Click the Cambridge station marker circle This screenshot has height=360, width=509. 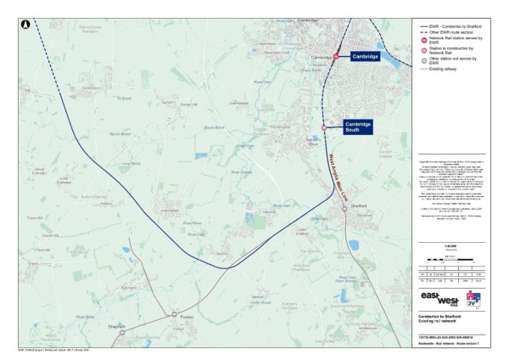336,56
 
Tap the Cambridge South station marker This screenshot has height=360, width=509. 324,127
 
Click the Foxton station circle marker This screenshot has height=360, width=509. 174,314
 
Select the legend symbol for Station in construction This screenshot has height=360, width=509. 423,51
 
